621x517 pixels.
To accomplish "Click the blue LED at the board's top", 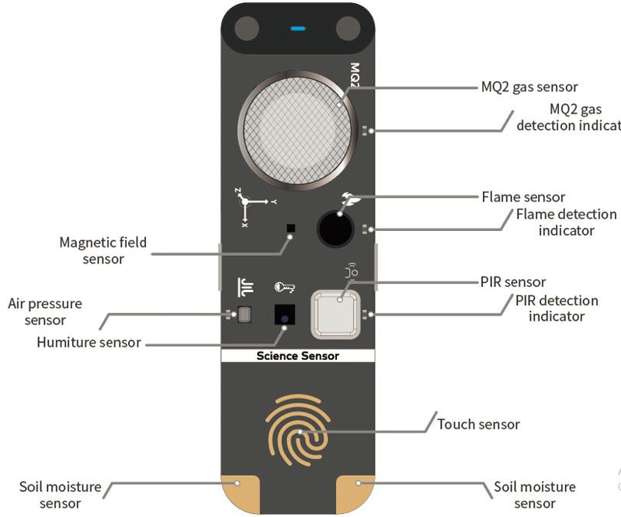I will point(297,29).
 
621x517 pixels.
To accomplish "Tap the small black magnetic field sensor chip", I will point(290,228).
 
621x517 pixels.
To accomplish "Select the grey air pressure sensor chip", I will point(245,314).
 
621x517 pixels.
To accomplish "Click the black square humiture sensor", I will point(285,315).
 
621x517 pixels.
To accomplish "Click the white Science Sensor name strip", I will point(297,356).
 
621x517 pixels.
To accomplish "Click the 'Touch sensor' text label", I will point(478,424).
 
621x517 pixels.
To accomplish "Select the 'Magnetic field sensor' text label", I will point(103,250).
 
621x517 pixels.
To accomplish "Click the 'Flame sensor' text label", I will point(523,197).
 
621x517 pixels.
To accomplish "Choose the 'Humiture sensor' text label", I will point(88,342).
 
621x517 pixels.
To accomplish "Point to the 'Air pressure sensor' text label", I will point(44,312).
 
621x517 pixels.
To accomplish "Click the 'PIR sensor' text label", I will point(513,281).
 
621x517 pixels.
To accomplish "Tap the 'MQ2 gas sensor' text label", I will point(529,87).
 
